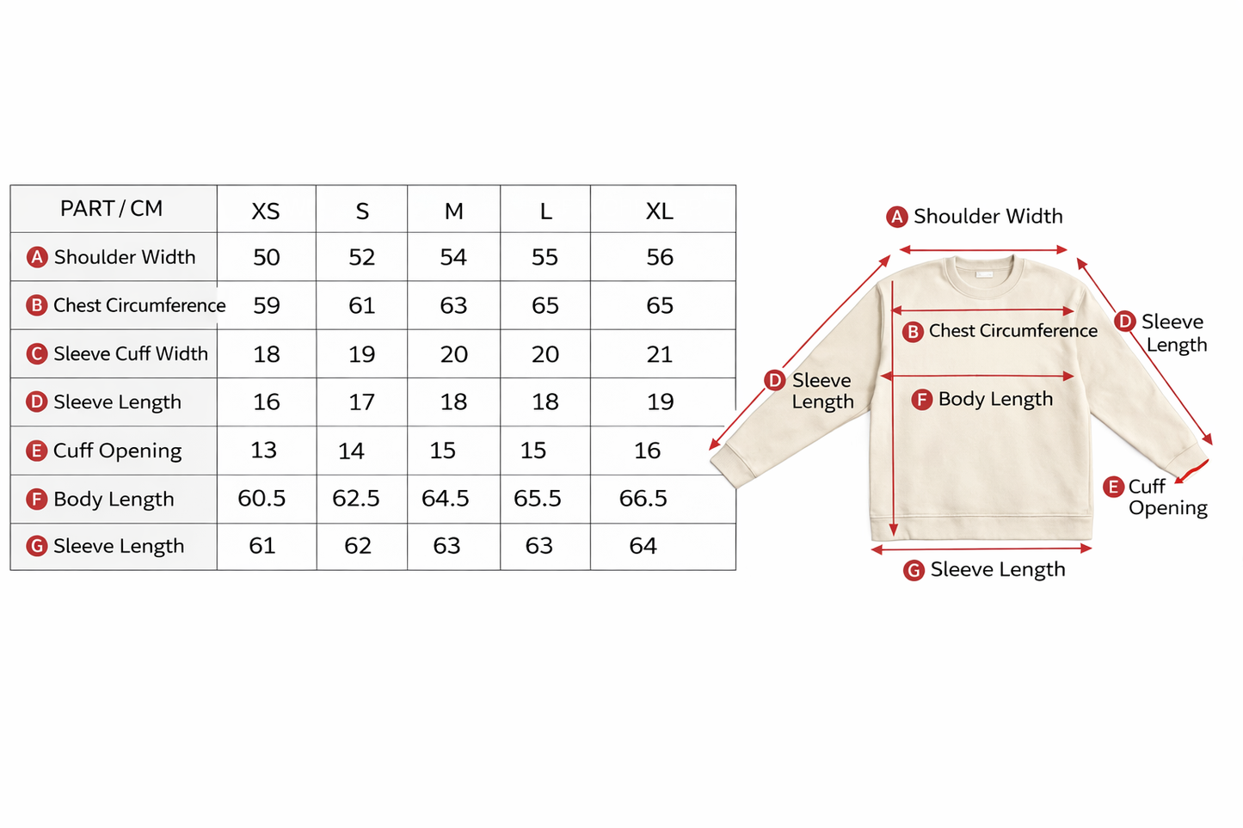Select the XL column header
click(660, 212)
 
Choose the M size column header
click(454, 212)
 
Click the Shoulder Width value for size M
click(453, 257)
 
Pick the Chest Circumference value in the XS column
click(267, 305)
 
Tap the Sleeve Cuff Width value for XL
click(660, 354)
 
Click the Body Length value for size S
click(356, 499)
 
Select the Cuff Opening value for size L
click(533, 451)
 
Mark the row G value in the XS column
click(262, 546)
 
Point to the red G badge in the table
click(37, 546)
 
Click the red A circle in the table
click(37, 257)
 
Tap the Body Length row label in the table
click(114, 500)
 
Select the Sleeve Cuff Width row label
click(131, 354)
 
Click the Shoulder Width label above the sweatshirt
click(988, 217)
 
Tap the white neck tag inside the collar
click(984, 274)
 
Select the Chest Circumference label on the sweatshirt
click(1012, 331)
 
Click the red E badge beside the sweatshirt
click(1113, 487)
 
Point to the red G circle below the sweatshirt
click(914, 570)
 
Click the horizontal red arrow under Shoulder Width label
click(983, 250)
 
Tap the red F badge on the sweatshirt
click(921, 399)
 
